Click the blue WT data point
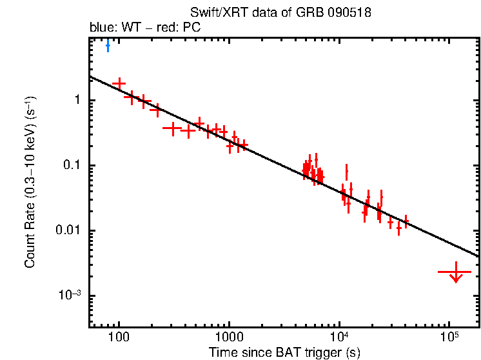click(108, 45)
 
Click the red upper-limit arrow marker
click(456, 273)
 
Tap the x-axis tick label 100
click(118, 338)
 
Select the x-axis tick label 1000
click(228, 338)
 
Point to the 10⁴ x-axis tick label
click(340, 337)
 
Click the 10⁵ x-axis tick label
click(450, 337)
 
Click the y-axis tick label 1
click(76, 100)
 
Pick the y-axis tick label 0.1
click(72, 165)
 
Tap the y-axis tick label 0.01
click(69, 230)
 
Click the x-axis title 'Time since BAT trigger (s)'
click(284, 352)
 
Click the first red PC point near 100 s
click(119, 83)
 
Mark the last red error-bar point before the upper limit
click(406, 222)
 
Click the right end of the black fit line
click(478, 255)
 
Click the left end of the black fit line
click(90, 76)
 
